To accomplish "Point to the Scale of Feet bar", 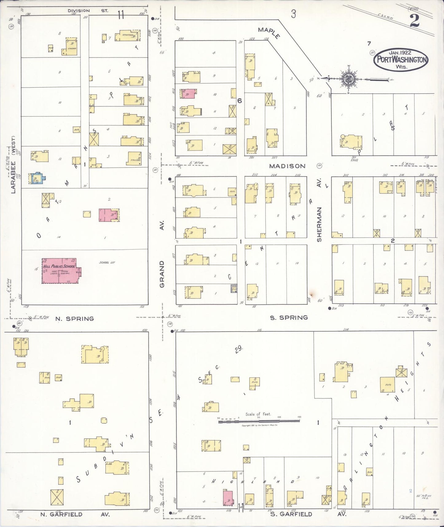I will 259,422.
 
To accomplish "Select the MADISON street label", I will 287,166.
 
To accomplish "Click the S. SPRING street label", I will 289,318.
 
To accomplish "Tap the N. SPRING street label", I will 74,319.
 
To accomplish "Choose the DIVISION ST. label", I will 88,11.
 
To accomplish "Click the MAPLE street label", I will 269,33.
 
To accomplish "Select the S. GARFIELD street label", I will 291,514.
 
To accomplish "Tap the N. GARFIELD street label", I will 61,514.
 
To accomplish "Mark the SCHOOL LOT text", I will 107,263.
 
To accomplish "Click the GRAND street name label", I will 162,274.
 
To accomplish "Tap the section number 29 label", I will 239,349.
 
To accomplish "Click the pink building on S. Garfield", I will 228,498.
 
